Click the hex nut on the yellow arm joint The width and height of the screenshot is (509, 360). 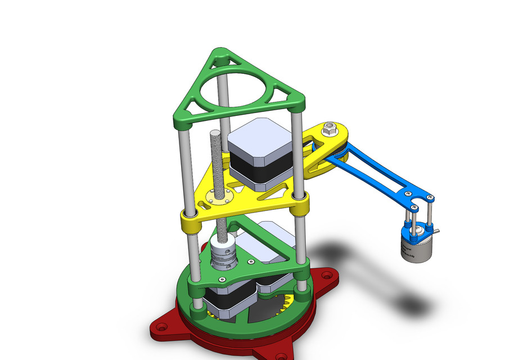click(330, 130)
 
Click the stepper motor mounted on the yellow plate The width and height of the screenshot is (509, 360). click(260, 152)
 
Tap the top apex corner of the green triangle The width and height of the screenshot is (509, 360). click(220, 57)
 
